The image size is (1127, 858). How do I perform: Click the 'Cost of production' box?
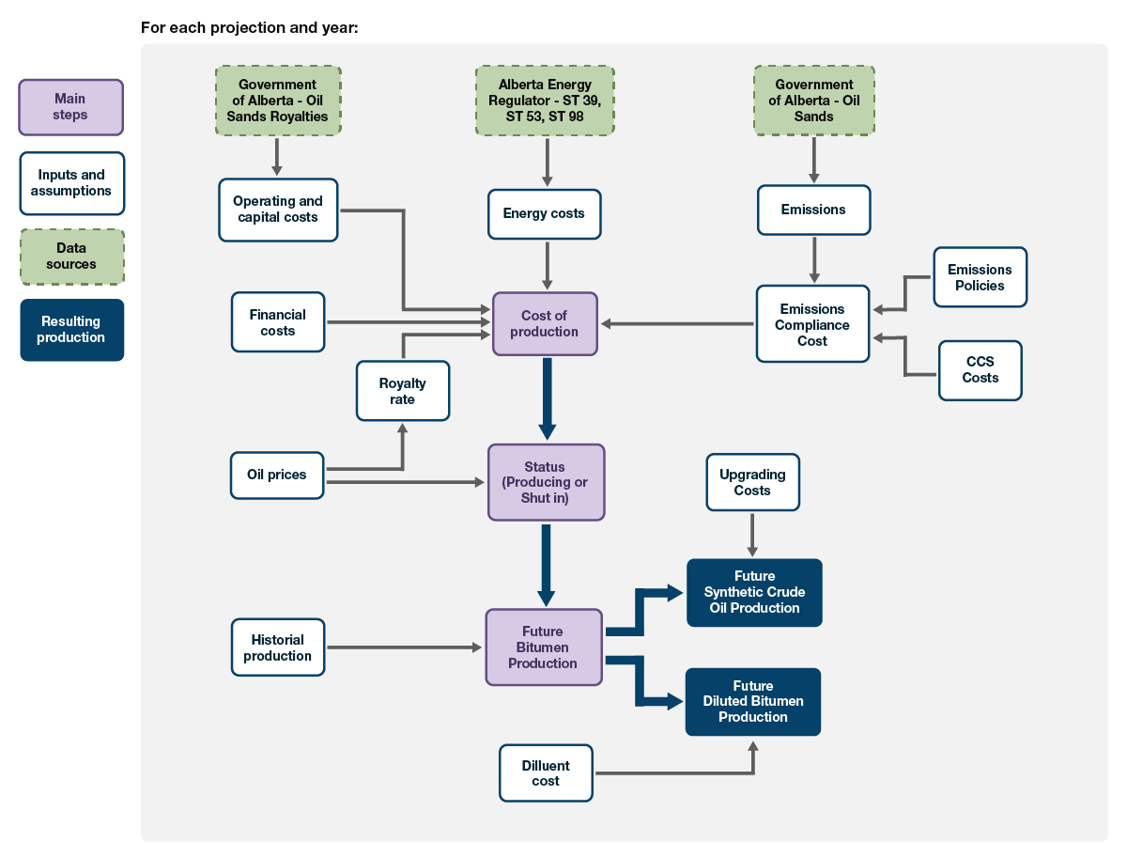(545, 323)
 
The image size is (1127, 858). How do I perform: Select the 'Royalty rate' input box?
(402, 391)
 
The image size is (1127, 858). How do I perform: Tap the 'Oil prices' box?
(277, 475)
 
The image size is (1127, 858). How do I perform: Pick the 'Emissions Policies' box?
(980, 277)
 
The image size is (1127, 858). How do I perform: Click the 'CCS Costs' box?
(980, 370)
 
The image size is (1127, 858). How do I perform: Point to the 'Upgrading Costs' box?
(752, 482)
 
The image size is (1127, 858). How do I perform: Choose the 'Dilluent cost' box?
(546, 772)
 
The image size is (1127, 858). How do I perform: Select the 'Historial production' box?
(277, 647)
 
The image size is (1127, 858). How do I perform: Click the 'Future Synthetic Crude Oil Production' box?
(754, 592)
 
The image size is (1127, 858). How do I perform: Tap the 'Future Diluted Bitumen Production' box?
(752, 701)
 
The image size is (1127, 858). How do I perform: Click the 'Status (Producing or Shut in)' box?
(546, 482)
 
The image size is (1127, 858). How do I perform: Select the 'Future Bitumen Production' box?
(543, 647)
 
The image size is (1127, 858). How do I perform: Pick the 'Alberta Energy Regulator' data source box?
(545, 101)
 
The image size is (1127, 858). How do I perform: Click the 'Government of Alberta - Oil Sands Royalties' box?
(277, 101)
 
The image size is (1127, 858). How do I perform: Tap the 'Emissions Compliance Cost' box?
(812, 324)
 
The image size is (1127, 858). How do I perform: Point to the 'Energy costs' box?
(544, 213)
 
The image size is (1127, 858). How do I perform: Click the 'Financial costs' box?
(277, 322)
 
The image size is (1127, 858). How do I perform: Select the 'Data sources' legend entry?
(71, 257)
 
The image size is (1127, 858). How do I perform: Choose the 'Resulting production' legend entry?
(71, 330)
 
